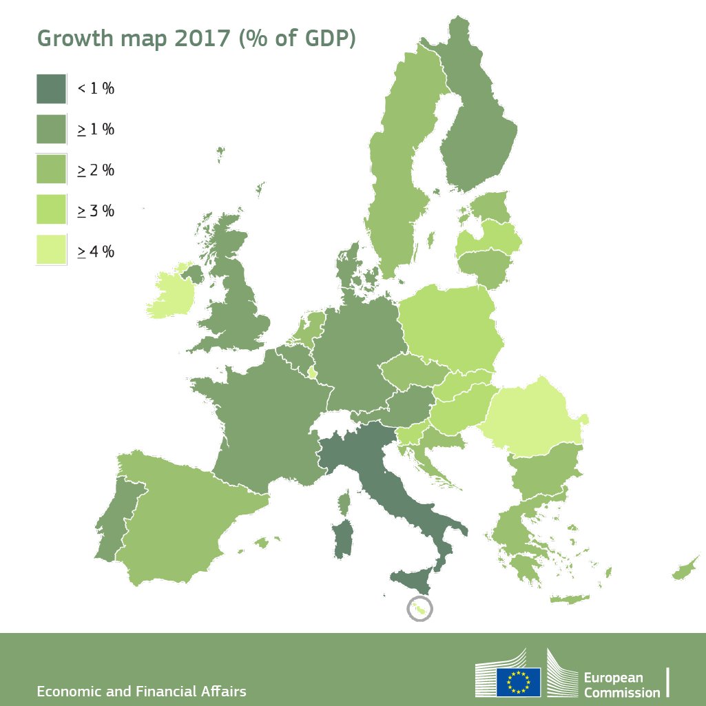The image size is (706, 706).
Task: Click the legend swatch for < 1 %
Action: (x=51, y=88)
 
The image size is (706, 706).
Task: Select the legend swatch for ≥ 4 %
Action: (x=51, y=250)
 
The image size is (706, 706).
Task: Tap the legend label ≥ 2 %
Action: (x=96, y=170)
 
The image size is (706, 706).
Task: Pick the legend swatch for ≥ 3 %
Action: (x=51, y=209)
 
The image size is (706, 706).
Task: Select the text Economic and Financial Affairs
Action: (x=141, y=691)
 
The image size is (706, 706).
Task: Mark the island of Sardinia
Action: (x=342, y=538)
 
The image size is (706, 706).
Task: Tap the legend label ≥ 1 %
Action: (x=96, y=129)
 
